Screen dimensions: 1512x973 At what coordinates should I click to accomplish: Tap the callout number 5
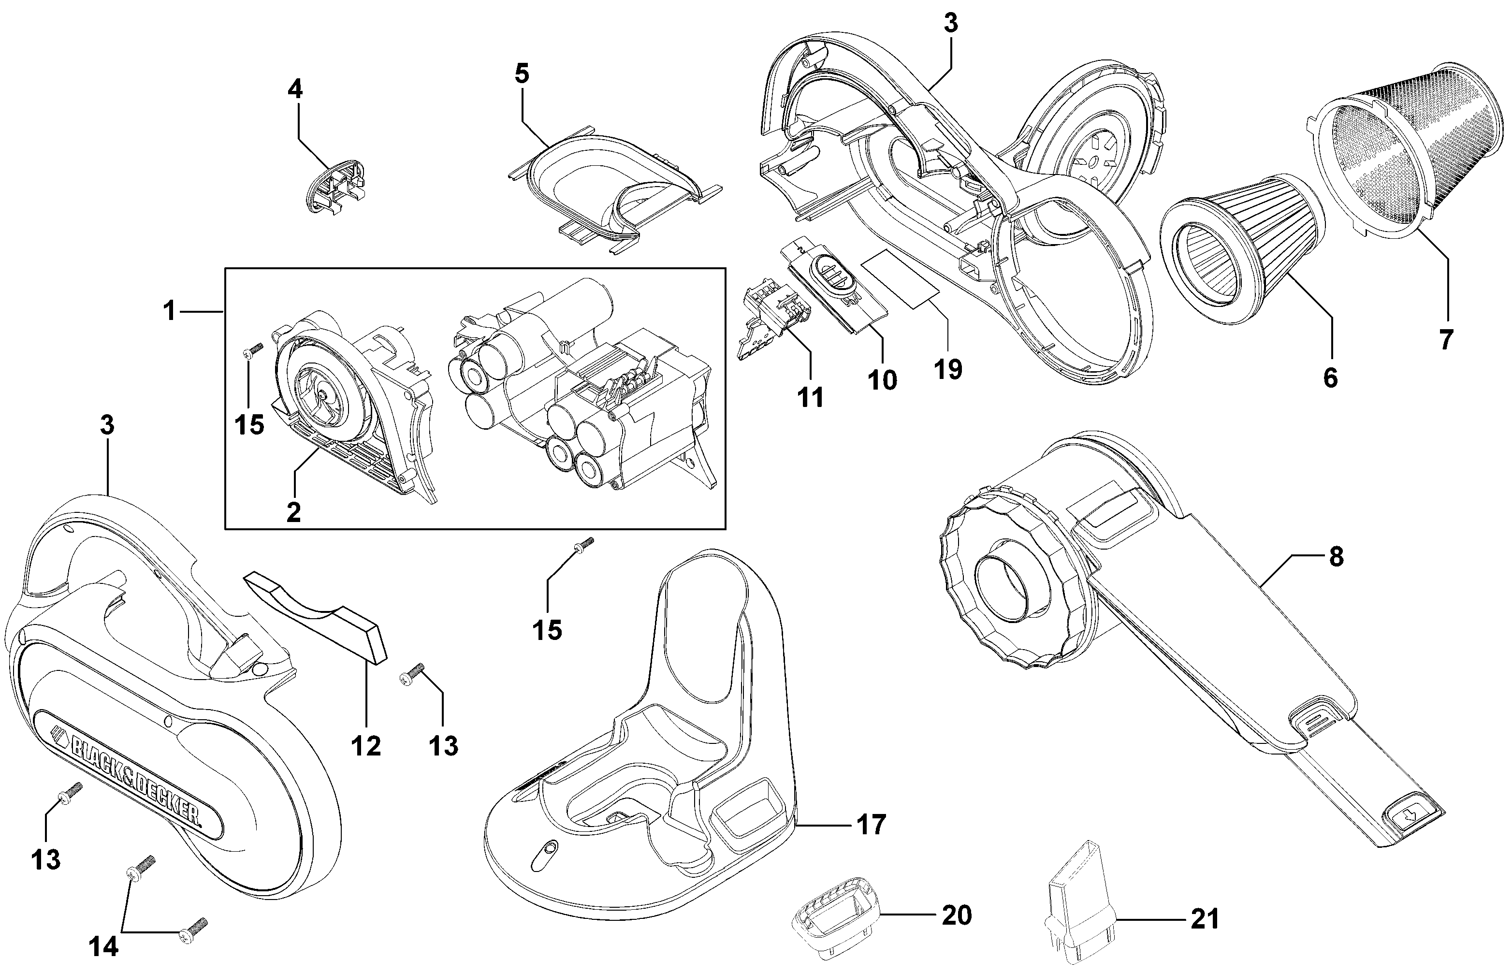tap(521, 73)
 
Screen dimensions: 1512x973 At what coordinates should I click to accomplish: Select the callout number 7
tap(1446, 339)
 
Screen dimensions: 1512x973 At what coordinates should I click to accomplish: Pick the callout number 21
tap(1204, 919)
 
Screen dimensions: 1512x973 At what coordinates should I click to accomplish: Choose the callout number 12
tap(366, 746)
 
